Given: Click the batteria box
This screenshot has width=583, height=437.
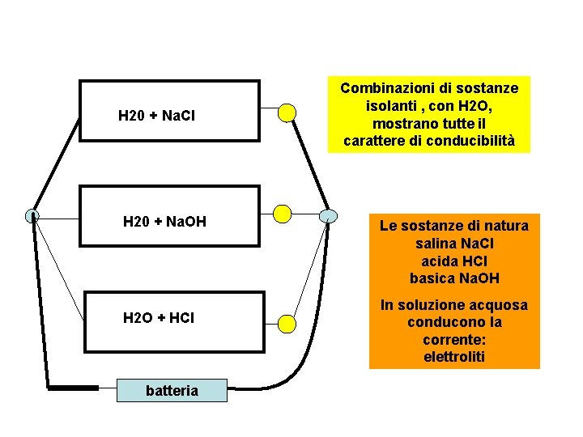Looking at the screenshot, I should pos(171,391).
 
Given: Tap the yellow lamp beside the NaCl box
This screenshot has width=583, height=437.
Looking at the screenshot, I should pos(287,112).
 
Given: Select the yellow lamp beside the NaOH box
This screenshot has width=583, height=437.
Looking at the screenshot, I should pos(282,214).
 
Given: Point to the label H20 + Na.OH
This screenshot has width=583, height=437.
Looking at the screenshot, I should pos(164,221).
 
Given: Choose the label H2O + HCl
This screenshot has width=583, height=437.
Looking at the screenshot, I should pos(158,318).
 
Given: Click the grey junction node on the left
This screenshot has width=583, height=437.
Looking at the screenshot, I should pos(32,215).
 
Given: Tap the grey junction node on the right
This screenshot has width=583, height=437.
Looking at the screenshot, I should pos(327,215).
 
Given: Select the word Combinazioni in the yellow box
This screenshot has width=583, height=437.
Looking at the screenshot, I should pos(384,87).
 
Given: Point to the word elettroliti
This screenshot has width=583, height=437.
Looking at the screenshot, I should pos(454,356).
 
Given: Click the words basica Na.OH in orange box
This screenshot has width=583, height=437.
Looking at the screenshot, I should pos(454,278).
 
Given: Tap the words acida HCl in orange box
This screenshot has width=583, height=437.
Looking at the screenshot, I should pos(454,261).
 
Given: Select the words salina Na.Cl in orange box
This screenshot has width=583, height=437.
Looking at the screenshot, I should pos(454,244).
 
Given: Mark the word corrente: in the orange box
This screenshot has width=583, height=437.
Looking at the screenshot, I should pos(454,339).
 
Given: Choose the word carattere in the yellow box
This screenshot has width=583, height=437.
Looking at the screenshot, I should pos(375,141).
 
